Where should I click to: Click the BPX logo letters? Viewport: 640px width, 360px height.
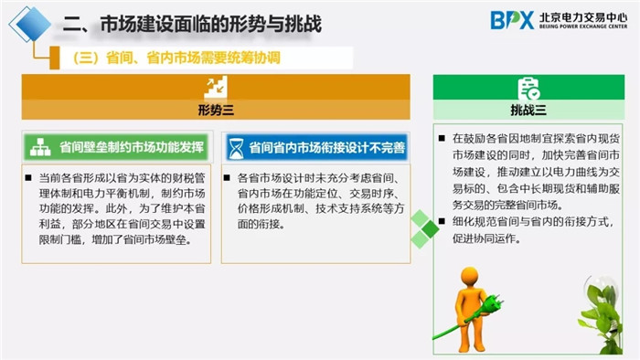(511, 20)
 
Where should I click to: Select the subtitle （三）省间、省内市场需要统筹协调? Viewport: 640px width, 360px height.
(176, 58)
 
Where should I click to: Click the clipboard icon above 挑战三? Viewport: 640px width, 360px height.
(528, 88)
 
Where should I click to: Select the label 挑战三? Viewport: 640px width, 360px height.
(528, 111)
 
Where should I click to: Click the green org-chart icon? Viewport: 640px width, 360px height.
(40, 146)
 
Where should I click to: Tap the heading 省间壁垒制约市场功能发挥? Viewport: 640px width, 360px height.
(132, 146)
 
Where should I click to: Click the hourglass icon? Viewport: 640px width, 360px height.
(237, 146)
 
